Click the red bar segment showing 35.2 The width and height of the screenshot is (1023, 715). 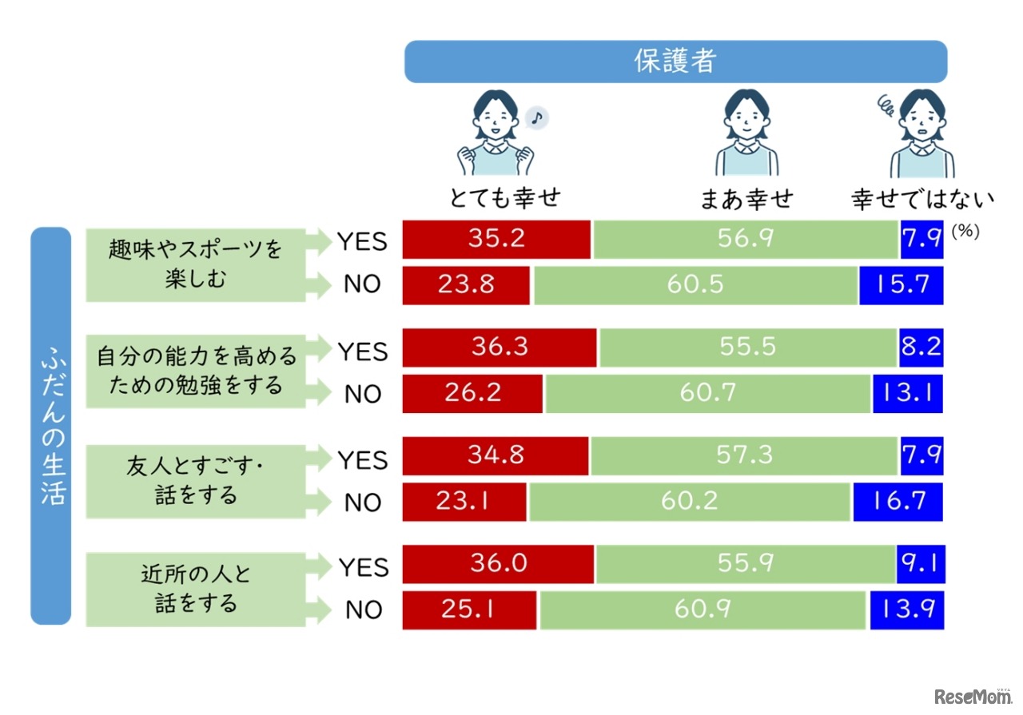[496, 240]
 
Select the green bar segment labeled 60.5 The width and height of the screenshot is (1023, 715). [695, 285]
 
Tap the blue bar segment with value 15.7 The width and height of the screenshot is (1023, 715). [902, 285]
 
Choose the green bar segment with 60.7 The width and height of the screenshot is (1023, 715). [708, 394]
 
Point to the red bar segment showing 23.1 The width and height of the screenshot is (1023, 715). [464, 502]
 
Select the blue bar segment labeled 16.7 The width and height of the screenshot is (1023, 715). [898, 502]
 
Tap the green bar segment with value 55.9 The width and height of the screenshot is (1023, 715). [744, 565]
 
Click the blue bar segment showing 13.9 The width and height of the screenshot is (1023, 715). [906, 610]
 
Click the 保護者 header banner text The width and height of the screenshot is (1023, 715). [675, 62]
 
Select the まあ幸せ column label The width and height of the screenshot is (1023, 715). [746, 198]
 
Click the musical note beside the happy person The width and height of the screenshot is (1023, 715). [537, 118]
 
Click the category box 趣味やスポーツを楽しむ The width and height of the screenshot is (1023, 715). [196, 264]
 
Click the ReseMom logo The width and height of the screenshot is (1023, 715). [973, 696]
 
